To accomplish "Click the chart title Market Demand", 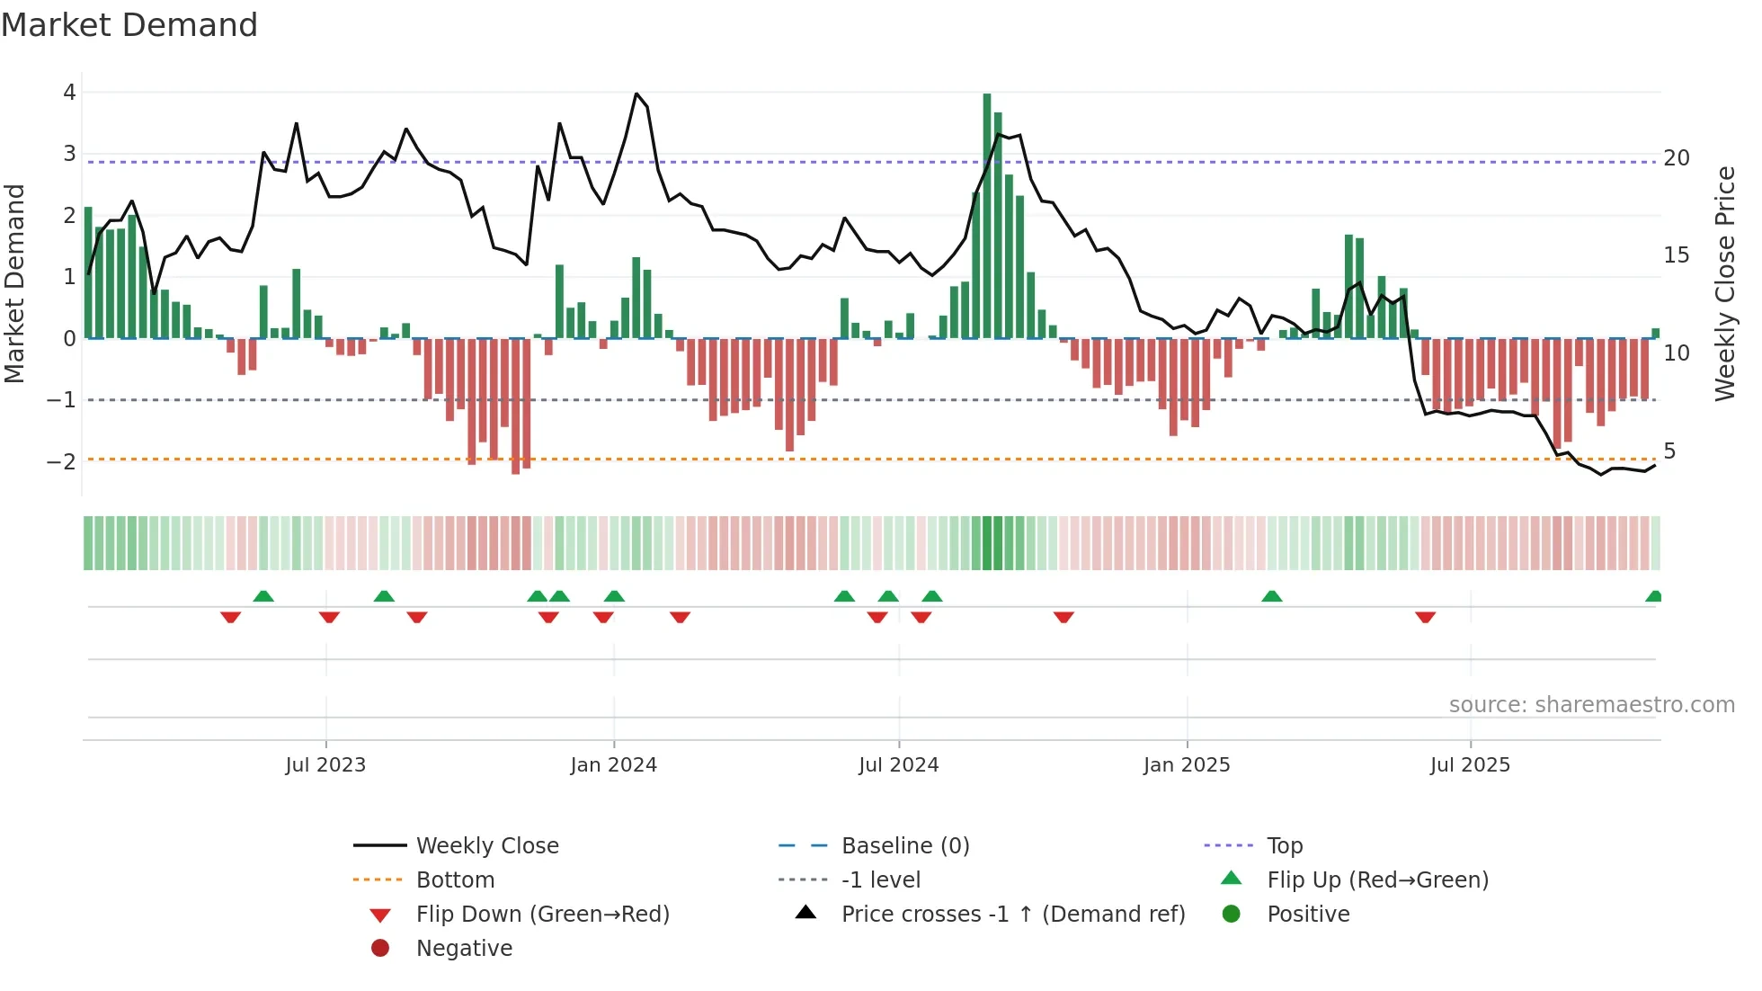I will point(129,25).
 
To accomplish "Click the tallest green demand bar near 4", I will point(987,216).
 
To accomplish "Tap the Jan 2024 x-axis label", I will point(613,765).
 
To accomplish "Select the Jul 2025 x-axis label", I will point(1470,765).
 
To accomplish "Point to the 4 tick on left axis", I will point(69,92).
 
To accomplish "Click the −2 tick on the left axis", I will point(62,461).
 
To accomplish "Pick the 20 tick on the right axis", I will point(1677,158).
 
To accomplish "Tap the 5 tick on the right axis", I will point(1669,451).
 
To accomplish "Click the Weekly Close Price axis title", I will point(1724,283).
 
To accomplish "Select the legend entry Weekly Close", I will point(486,845).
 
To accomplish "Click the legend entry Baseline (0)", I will point(904,845).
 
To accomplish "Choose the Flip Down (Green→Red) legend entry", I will point(542,914).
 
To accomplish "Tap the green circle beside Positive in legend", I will point(1232,914).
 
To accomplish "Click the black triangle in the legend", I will point(806,913).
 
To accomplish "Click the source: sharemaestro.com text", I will point(1591,704).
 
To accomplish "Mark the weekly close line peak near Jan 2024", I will point(636,94).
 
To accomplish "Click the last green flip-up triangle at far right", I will point(1653,596).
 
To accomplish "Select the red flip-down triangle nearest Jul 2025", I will point(1425,617).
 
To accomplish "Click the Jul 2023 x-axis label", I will point(325,765).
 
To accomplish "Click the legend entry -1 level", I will point(880,879).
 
